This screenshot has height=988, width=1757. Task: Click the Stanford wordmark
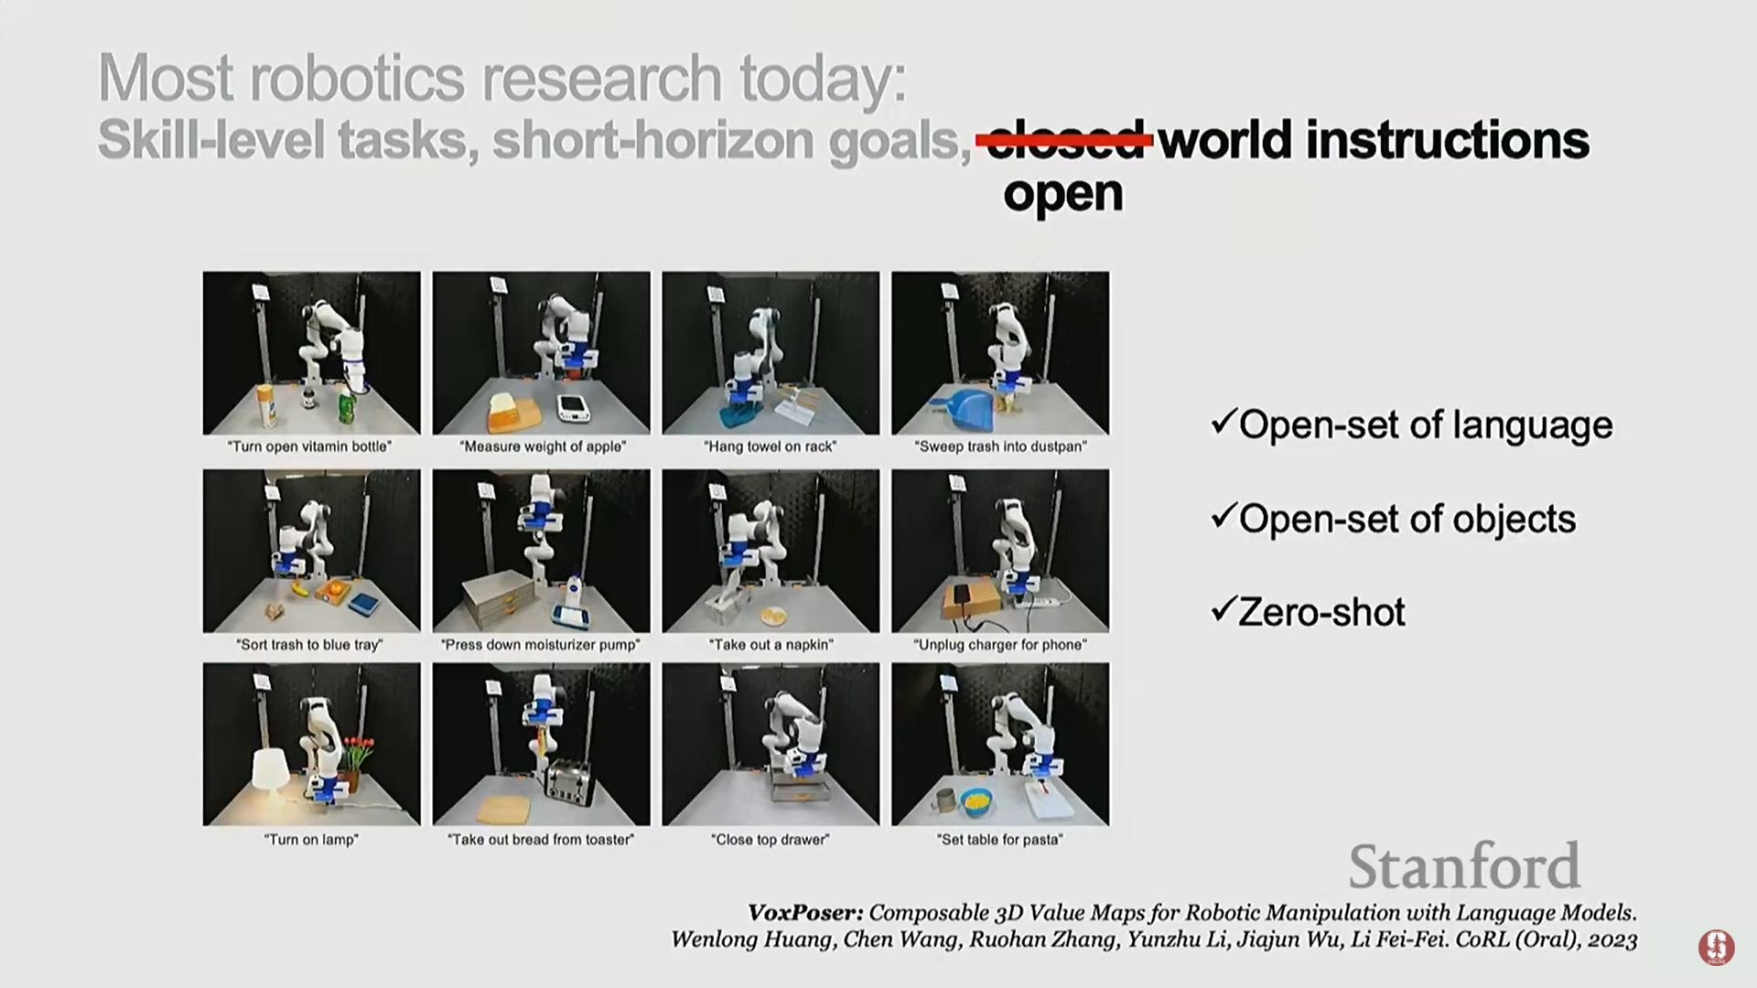[1464, 866]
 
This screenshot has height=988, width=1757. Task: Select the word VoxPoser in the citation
[805, 913]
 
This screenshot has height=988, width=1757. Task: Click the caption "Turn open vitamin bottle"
[311, 446]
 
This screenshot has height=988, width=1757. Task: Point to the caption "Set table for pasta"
[1000, 840]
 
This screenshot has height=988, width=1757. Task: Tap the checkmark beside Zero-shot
[1223, 609]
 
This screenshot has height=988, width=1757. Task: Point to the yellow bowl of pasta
[978, 802]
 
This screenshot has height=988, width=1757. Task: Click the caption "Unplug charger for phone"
[1000, 645]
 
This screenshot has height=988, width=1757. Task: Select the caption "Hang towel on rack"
[771, 446]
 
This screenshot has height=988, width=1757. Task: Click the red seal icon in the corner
[1716, 947]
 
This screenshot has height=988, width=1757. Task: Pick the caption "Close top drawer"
[771, 840]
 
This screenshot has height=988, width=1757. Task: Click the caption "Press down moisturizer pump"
[541, 645]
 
